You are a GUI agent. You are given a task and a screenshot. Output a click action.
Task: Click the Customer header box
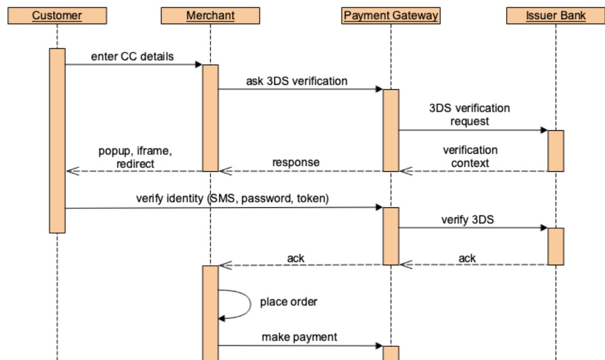[57, 16]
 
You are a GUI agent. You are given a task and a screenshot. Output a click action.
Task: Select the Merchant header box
[210, 16]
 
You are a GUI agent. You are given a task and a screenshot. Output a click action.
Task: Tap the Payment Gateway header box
[391, 16]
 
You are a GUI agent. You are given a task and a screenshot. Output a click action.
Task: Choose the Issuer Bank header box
[555, 16]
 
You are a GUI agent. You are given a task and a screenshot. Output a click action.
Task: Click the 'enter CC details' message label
[132, 56]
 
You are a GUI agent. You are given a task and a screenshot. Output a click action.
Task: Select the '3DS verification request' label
[469, 114]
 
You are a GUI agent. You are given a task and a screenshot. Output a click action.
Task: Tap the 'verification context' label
[470, 156]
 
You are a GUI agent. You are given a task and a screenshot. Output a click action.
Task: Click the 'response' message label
[296, 162]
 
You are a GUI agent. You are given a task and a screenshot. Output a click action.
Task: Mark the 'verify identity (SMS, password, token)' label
[232, 199]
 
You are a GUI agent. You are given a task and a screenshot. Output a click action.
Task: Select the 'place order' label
[288, 301]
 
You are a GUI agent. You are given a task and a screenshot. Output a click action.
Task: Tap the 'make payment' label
[299, 337]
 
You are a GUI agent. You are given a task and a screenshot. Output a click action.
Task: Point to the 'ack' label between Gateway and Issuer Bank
[468, 258]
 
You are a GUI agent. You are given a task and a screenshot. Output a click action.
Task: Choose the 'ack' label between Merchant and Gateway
[296, 258]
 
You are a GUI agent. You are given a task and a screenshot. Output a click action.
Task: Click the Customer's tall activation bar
[57, 140]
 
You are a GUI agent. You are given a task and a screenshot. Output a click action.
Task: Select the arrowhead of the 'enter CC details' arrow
[199, 65]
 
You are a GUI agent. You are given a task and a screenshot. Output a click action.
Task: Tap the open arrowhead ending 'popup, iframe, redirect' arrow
[69, 171]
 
